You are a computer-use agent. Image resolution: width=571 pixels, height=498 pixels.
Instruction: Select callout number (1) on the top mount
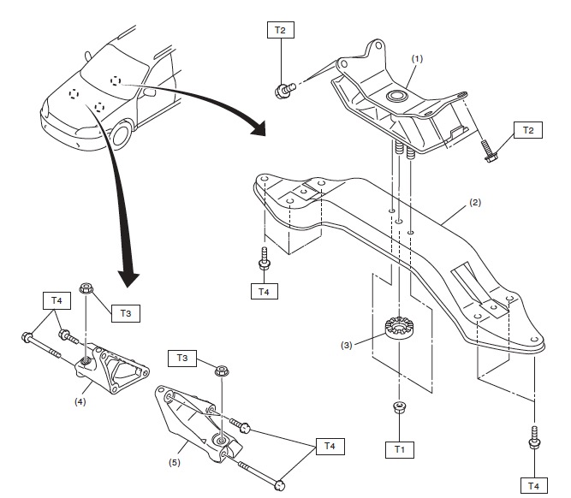pos(418,59)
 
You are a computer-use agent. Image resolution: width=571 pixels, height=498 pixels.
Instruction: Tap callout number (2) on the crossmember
pos(475,205)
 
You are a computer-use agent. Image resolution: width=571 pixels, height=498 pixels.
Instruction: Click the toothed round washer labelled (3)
pos(399,328)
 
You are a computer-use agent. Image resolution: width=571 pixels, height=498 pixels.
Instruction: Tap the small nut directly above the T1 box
pos(399,407)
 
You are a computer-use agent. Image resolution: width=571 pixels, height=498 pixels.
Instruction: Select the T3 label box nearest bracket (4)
pos(125,314)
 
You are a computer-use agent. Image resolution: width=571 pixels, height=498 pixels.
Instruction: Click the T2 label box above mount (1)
pos(281,30)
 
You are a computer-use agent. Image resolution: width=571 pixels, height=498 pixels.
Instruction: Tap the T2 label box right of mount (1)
pos(528,130)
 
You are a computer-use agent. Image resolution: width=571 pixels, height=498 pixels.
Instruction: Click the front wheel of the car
pos(122,135)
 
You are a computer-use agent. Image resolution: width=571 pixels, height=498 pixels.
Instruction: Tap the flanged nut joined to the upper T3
pos(86,288)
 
